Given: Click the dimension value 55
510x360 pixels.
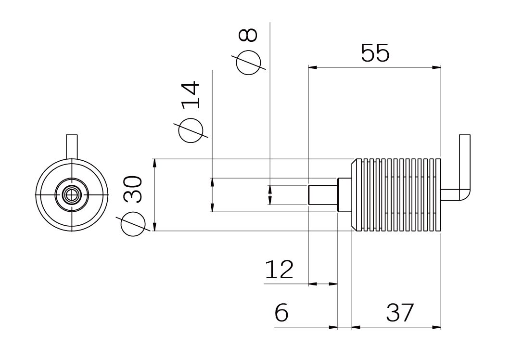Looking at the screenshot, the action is [375, 53].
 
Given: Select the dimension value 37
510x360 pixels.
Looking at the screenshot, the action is [400, 312].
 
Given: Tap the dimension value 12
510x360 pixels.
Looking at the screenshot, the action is [279, 270].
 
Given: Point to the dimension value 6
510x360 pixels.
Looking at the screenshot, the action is [281, 313].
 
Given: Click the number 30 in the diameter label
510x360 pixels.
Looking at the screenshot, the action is [133, 190].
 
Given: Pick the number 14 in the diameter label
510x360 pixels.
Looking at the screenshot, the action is [191, 95].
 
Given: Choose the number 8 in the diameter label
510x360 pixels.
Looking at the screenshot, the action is [248, 35].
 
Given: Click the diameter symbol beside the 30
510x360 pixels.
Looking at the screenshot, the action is [133, 224].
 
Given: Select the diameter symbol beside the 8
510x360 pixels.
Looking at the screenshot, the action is [248, 63].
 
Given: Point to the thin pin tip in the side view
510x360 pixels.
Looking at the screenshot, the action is [322, 194].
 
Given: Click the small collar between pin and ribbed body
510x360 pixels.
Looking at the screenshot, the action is [344, 194].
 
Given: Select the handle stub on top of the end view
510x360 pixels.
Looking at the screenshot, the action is [72, 146].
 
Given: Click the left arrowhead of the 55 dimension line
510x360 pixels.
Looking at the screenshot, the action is [312, 67].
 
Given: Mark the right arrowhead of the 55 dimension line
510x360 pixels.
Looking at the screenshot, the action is [437, 67].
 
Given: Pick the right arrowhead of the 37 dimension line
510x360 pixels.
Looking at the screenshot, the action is [437, 327].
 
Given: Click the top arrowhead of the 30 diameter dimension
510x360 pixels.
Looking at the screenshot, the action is [154, 163].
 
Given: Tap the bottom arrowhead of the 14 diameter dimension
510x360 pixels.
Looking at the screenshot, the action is [212, 207].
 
